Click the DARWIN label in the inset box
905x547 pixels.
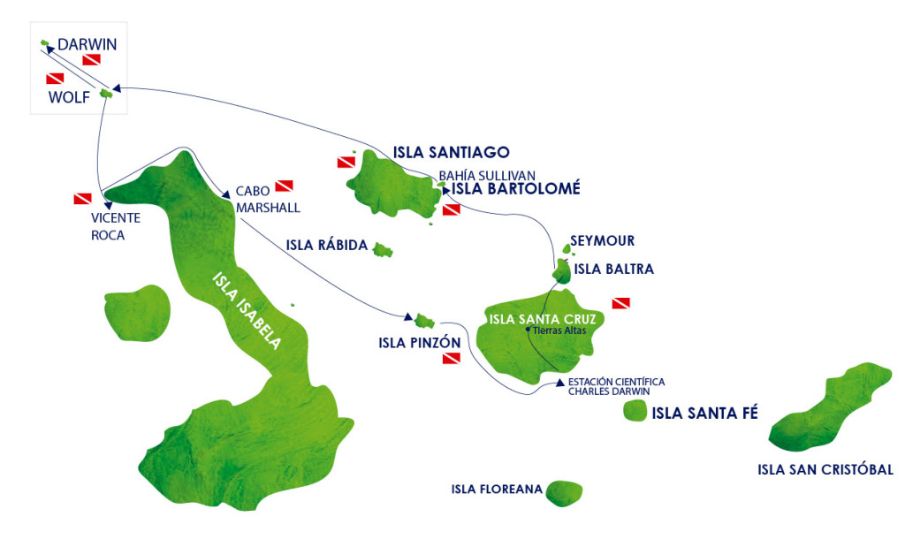(87, 44)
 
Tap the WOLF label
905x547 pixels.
(69, 97)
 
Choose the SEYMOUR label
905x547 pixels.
(602, 240)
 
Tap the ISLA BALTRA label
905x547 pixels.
(613, 269)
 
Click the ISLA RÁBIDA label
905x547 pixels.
(326, 245)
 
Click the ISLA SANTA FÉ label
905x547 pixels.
(704, 412)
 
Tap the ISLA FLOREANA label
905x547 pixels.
(496, 490)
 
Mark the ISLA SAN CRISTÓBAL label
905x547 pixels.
(825, 469)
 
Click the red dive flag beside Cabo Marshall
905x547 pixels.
(284, 186)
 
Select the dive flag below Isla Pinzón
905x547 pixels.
(452, 359)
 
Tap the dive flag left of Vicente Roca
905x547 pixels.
(82, 198)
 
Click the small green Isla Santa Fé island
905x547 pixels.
(634, 411)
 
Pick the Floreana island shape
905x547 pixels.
(564, 493)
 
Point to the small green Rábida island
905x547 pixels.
(383, 250)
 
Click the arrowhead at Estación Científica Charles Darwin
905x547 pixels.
(559, 384)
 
